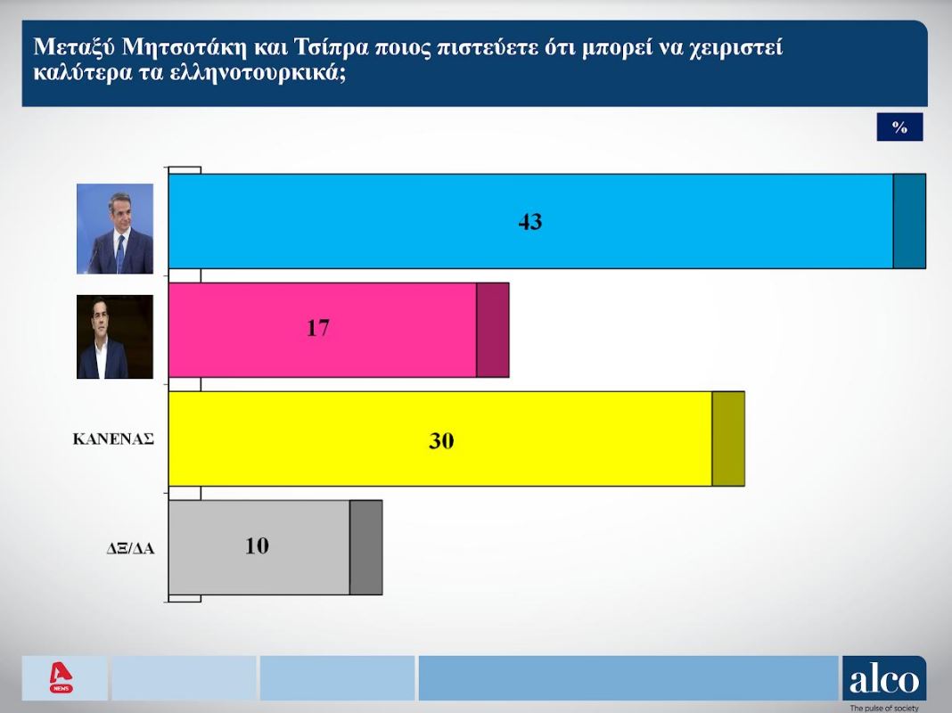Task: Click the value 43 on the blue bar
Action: pos(530,222)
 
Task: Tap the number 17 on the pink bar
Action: pos(317,328)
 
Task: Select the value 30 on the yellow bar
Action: pos(441,440)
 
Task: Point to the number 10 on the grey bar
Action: pos(257,546)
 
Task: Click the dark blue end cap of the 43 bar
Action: pos(909,222)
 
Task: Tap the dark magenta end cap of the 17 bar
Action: pos(492,330)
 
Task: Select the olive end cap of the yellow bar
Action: pos(728,438)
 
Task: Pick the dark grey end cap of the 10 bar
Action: pos(366,547)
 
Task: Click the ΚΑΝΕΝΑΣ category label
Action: pos(113,439)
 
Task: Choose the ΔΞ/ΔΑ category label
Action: pos(130,549)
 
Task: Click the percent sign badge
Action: pos(899,127)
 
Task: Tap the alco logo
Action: pos(884,679)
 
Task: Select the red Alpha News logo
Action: pos(61,678)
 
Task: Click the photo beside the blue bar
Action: pos(115,229)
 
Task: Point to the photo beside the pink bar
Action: pos(115,337)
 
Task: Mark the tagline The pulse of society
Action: pos(884,709)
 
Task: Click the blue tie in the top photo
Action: pos(120,254)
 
